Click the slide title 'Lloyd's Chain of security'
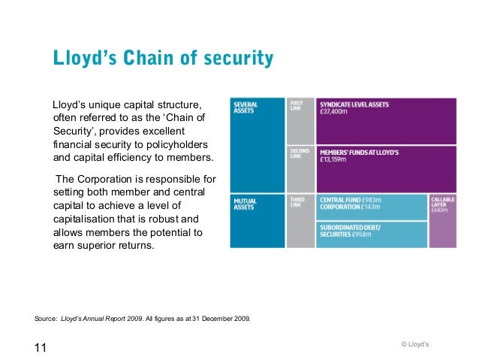pyautogui.click(x=162, y=59)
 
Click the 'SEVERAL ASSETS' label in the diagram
pyautogui.click(x=246, y=107)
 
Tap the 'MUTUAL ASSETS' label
pyautogui.click(x=245, y=203)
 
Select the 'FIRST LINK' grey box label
pyautogui.click(x=297, y=107)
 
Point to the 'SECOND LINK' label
pyautogui.click(x=299, y=154)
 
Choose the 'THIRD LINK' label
pyautogui.click(x=297, y=202)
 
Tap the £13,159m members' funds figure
pyautogui.click(x=333, y=159)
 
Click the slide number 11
pyautogui.click(x=41, y=346)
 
